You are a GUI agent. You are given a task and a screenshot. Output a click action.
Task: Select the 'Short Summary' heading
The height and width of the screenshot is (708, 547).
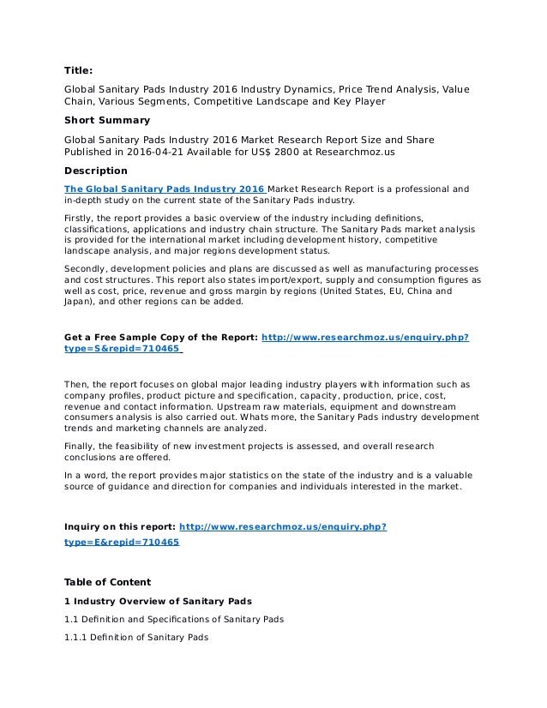click(x=107, y=120)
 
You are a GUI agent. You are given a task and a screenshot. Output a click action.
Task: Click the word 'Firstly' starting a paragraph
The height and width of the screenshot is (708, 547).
click(x=81, y=219)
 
